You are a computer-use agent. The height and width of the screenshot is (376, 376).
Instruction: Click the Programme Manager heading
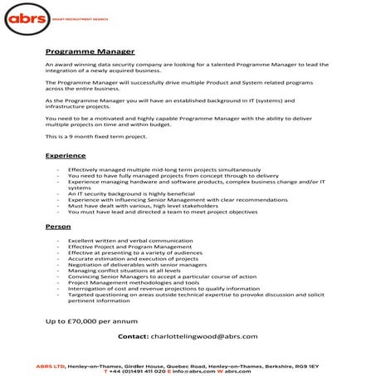click(90, 51)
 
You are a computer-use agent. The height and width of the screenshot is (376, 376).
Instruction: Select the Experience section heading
click(66, 155)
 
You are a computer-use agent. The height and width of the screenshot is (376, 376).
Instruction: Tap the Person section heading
click(57, 226)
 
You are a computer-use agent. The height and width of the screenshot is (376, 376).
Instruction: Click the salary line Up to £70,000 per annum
click(90, 320)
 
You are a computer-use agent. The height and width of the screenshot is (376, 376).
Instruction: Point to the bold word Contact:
click(133, 336)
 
